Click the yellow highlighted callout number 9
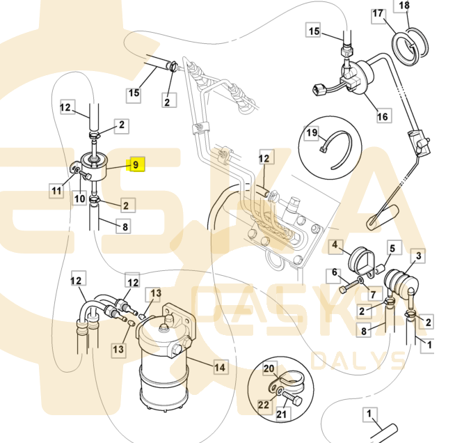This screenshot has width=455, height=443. point(136,165)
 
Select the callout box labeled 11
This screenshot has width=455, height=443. point(56,189)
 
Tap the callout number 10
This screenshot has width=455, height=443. point(81,199)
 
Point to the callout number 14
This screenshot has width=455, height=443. point(220,366)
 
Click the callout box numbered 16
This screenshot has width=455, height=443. point(383,116)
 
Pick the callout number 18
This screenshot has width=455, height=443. point(422,6)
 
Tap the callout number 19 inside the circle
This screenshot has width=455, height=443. point(312,132)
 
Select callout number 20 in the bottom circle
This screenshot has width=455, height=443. point(269,368)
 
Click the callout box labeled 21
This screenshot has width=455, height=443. point(282,415)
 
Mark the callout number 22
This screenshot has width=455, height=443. point(263,404)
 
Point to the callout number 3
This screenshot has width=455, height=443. point(418,257)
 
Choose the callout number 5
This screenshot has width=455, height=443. point(392,248)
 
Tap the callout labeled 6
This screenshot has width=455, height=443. point(335,272)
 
